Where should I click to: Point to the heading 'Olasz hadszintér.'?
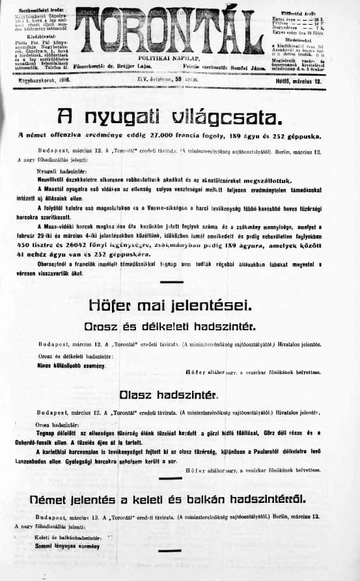(x=169, y=395)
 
